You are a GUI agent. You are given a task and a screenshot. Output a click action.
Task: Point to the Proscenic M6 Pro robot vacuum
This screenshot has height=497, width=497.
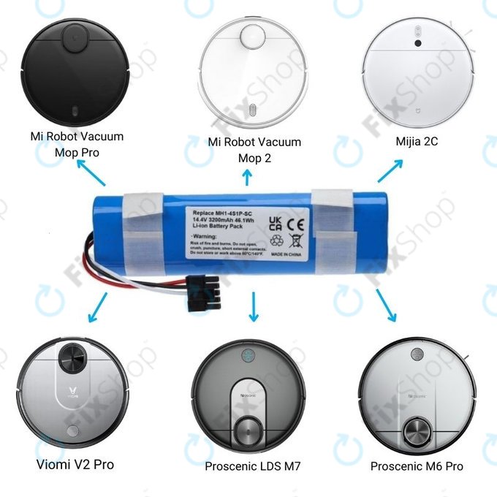tap(414, 398)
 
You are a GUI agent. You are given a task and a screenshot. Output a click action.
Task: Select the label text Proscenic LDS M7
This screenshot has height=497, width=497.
tap(251, 466)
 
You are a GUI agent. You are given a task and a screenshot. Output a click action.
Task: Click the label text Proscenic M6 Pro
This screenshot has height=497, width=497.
tap(417, 466)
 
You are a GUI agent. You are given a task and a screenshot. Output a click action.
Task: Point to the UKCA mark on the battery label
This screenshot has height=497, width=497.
tap(276, 220)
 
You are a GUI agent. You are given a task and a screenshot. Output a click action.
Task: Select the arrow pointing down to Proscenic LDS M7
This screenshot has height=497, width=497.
tap(254, 307)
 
